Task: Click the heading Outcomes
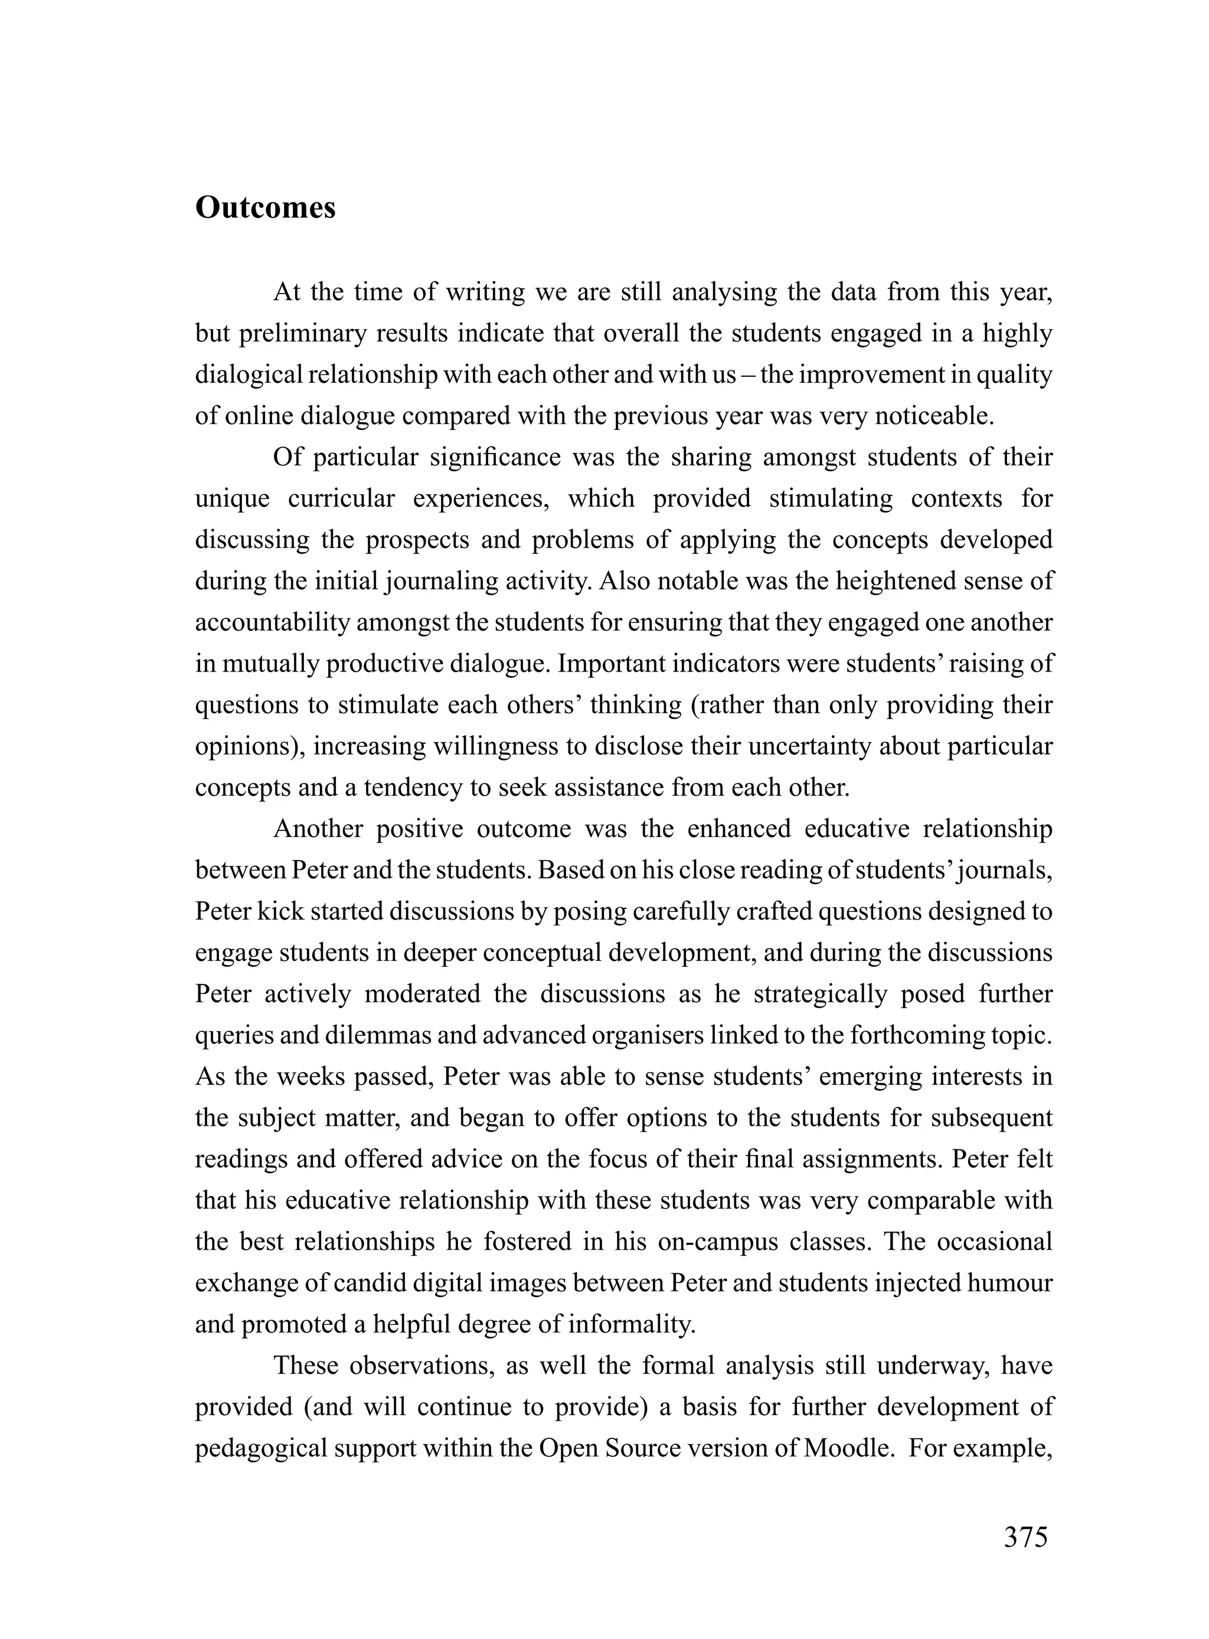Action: point(265,208)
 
